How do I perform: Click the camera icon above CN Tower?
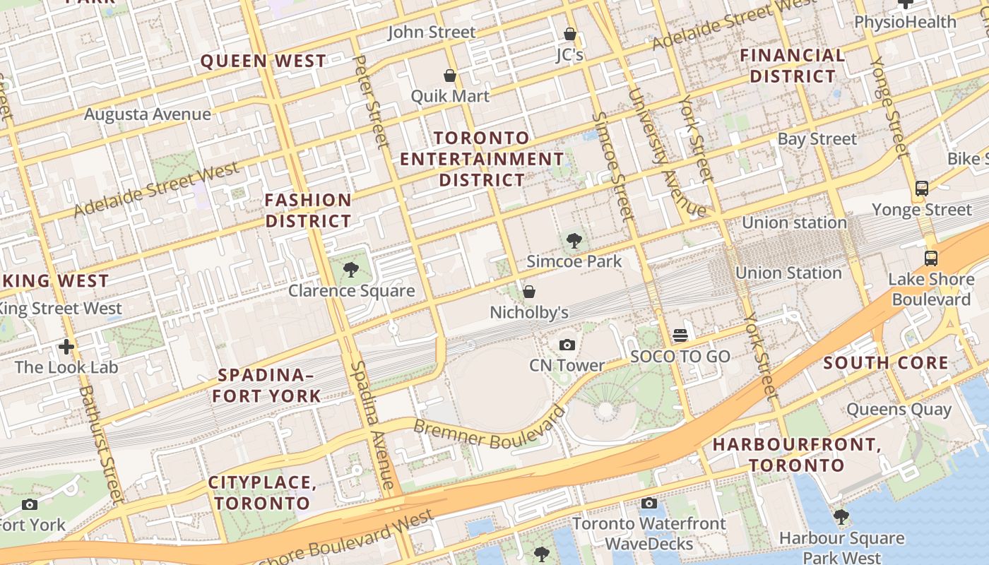point(567,345)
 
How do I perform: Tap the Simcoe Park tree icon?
point(574,241)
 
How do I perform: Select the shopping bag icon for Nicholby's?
point(528,292)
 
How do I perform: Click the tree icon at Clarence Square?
point(350,270)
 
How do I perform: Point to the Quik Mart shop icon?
point(449,76)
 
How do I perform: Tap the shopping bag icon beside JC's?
point(569,34)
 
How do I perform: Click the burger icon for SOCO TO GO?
point(680,335)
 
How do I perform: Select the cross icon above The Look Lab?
point(66,347)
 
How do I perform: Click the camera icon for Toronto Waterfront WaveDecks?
point(649,503)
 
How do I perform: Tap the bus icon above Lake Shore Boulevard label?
point(931,258)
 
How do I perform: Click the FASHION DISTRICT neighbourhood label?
point(308,210)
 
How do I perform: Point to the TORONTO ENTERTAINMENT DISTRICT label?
point(482,159)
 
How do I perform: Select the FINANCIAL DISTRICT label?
point(792,66)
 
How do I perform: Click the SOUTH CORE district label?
point(886,363)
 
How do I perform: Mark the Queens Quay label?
point(899,409)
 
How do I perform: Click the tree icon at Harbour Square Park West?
point(841,517)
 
